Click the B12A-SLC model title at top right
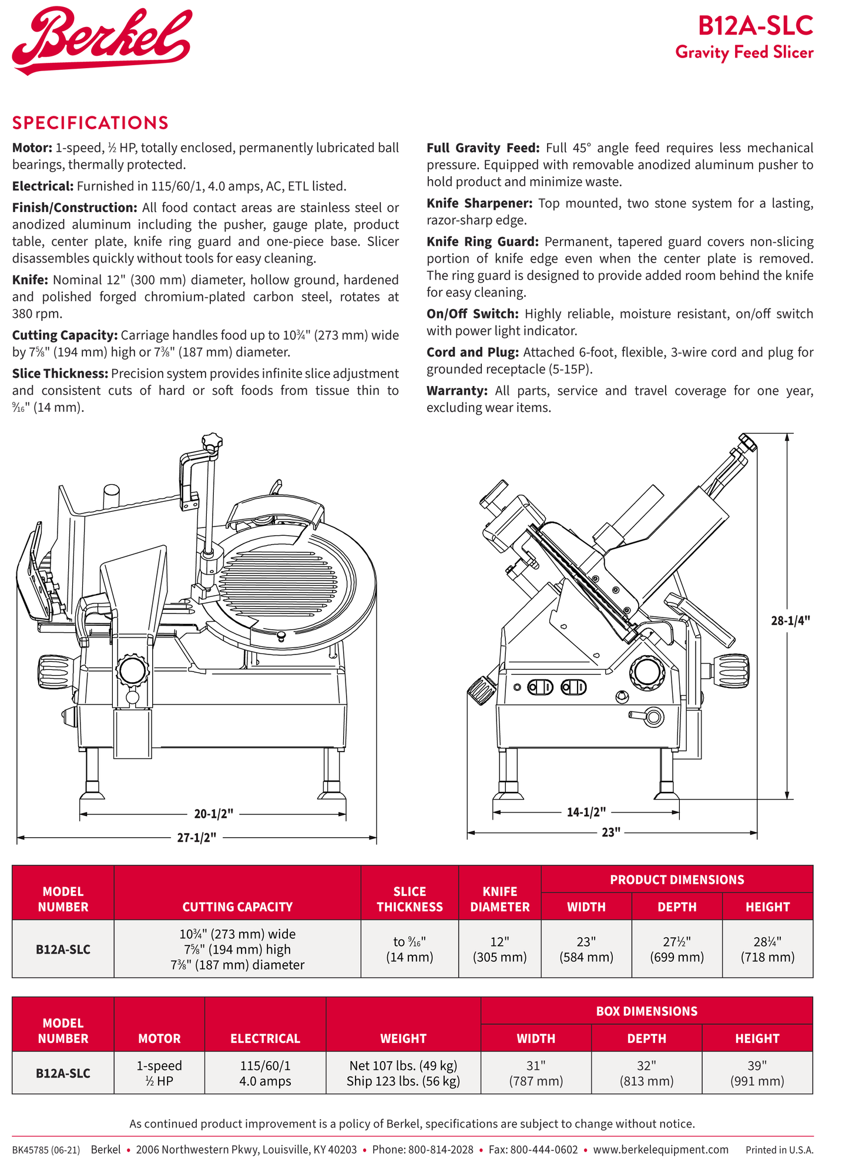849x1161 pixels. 755,26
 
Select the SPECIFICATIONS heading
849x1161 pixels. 90,123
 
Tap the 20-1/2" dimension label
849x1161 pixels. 213,814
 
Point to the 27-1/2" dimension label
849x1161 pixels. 197,837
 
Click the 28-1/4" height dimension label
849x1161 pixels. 790,620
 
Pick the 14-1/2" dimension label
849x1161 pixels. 586,812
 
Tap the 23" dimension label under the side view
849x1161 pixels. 610,832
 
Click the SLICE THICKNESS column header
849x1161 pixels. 410,899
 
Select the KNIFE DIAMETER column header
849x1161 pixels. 499,899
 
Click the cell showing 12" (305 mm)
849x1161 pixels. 499,949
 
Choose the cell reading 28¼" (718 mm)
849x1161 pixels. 767,949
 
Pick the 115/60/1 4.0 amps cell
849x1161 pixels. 265,1073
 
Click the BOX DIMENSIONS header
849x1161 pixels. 646,1011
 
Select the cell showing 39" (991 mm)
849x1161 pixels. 757,1073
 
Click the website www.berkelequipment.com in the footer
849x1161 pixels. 660,1150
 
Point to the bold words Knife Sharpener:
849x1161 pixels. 479,203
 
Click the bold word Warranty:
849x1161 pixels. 457,391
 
